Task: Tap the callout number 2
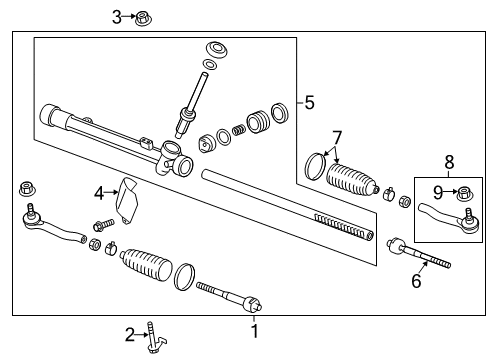pyautogui.click(x=130, y=334)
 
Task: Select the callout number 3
pyautogui.click(x=117, y=16)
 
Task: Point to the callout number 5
pyautogui.click(x=310, y=102)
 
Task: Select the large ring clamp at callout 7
pyautogui.click(x=315, y=161)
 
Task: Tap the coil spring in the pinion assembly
pyautogui.click(x=238, y=131)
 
